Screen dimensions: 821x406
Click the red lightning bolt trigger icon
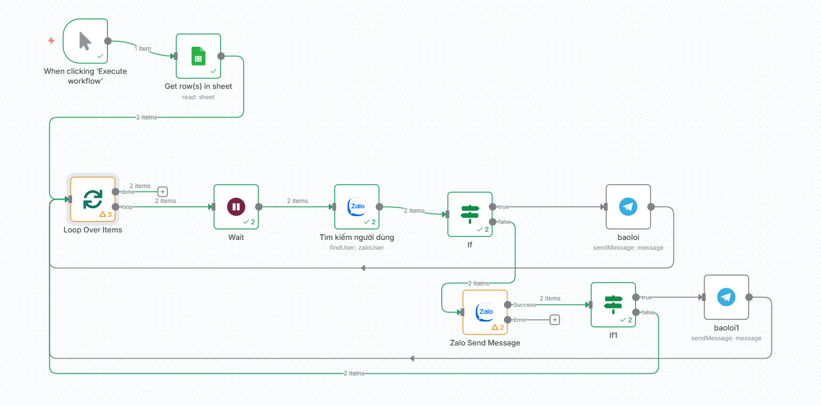click(51, 40)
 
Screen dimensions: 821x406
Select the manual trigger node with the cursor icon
click(85, 41)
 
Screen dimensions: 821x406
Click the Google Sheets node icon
click(198, 56)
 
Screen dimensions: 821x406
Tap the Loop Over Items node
click(93, 199)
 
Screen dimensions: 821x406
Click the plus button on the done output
click(162, 191)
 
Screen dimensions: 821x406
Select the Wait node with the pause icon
click(236, 207)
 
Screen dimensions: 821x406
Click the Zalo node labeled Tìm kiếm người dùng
click(357, 207)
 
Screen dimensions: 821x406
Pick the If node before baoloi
click(470, 214)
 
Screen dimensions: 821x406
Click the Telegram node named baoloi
click(628, 207)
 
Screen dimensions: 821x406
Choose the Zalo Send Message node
click(485, 312)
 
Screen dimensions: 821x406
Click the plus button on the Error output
click(555, 320)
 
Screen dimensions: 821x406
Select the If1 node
click(613, 304)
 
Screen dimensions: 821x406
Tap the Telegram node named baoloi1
click(726, 297)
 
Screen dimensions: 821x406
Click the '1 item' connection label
click(143, 48)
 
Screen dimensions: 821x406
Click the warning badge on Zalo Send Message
click(498, 328)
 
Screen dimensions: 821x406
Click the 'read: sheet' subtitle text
click(198, 97)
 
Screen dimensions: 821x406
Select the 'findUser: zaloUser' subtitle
click(357, 247)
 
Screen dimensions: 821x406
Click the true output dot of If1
click(636, 297)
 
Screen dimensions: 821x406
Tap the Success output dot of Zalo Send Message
click(507, 304)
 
